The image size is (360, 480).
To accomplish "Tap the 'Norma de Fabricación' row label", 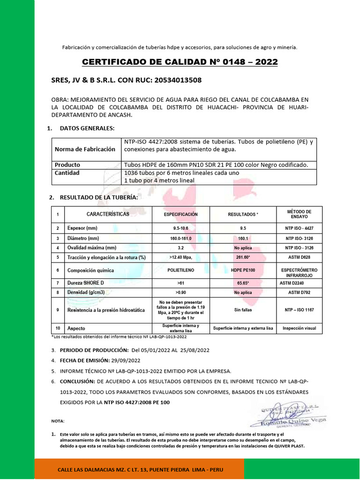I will pyautogui.click(x=85, y=149).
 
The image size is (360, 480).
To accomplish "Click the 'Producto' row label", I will pyautogui.click(x=67, y=165).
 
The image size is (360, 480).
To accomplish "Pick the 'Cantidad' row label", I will pyautogui.click(x=67, y=172).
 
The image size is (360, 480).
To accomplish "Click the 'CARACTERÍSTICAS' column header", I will pyautogui.click(x=108, y=214).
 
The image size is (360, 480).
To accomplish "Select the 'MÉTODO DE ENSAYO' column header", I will pyautogui.click(x=299, y=214).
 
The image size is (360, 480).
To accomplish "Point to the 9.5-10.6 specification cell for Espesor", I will pyautogui.click(x=180, y=228).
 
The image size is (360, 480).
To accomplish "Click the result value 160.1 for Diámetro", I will pyautogui.click(x=243, y=238).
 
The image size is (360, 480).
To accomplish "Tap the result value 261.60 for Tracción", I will pyautogui.click(x=243, y=257).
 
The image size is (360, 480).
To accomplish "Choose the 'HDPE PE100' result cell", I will pyautogui.click(x=243, y=270).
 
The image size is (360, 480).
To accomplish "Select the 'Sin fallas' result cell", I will pyautogui.click(x=243, y=310).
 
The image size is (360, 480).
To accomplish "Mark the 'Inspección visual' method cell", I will pyautogui.click(x=299, y=329).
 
